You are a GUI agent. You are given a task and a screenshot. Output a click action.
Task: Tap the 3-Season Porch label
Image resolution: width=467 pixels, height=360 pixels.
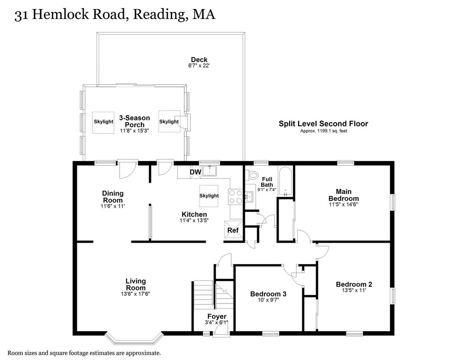point(134,121)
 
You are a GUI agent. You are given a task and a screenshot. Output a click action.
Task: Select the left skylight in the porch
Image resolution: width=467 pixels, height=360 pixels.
point(103,122)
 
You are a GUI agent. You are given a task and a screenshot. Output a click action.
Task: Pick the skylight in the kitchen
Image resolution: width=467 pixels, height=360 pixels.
point(209,196)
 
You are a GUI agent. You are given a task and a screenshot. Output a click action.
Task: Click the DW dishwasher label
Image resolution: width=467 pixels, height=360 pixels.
point(196,171)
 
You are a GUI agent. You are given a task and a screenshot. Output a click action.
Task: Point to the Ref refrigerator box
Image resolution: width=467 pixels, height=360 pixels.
point(233,230)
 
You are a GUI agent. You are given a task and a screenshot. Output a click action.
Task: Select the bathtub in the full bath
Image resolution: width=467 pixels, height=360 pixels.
point(285,182)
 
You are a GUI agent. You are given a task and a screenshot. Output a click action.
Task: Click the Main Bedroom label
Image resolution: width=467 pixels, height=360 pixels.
point(344,195)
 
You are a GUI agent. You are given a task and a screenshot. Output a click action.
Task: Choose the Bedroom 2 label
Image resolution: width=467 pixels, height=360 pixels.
point(354,284)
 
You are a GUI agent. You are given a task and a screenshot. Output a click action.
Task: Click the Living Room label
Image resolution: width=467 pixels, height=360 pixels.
point(136,284)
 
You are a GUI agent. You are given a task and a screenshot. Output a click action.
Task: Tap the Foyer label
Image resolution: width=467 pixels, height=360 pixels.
point(216,317)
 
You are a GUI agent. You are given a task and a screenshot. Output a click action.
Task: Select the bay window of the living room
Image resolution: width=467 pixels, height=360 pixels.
point(134,339)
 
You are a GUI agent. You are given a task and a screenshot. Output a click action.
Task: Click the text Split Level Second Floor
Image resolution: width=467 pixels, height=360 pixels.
point(323,123)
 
